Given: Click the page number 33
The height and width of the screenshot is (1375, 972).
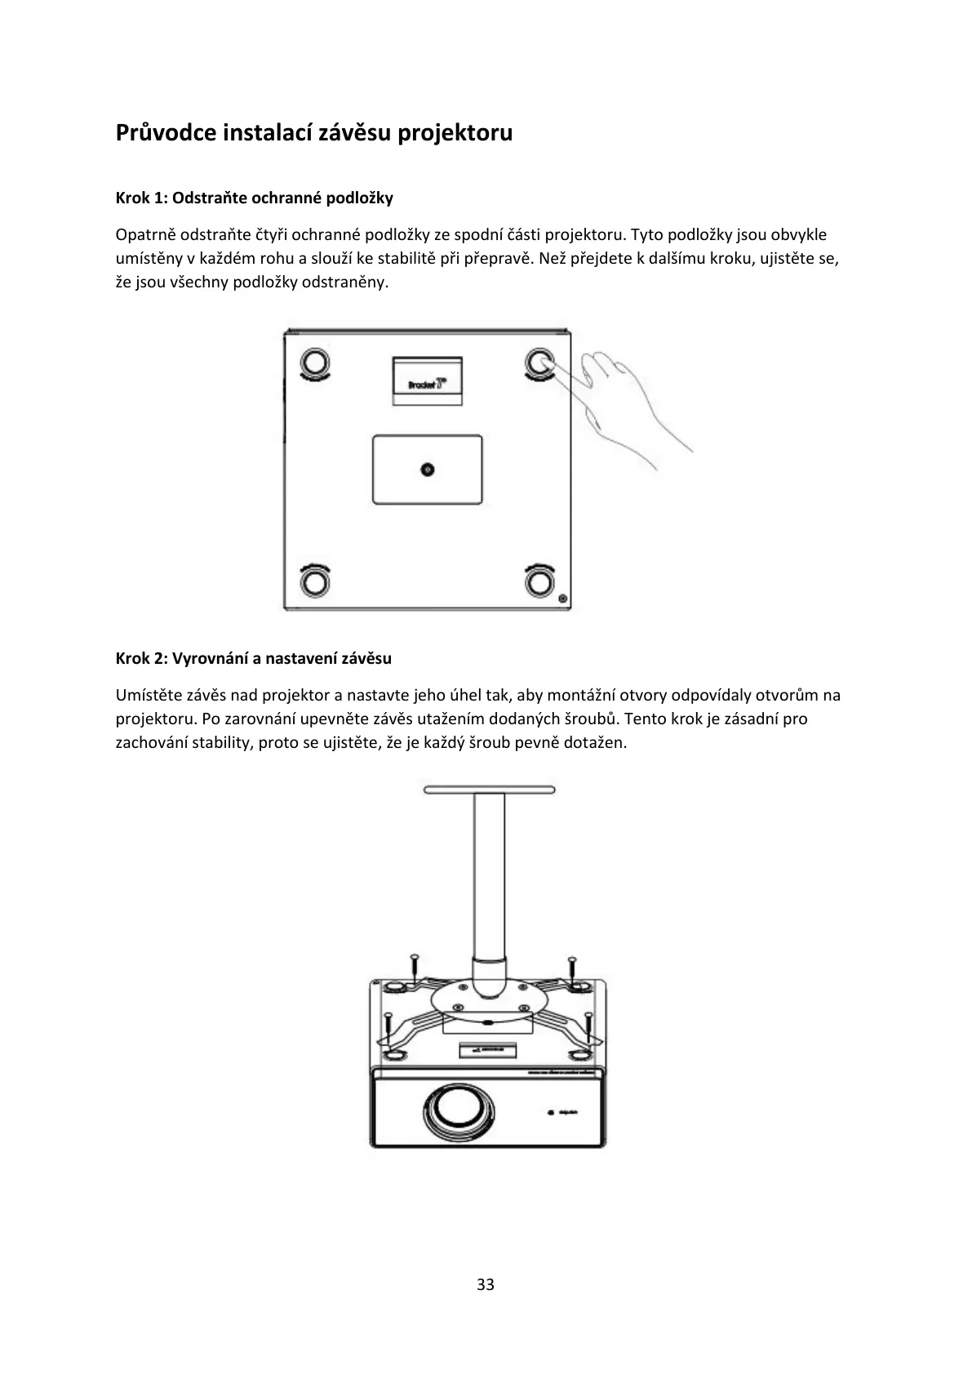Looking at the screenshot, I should click(486, 1284).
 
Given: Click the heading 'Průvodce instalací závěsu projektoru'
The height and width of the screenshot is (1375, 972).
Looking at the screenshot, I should click(314, 132).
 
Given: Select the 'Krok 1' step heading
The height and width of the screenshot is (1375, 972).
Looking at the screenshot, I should click(255, 198).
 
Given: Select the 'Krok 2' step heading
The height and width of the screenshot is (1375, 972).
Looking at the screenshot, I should click(254, 658).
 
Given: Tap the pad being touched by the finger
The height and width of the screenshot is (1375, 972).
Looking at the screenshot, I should click(538, 361).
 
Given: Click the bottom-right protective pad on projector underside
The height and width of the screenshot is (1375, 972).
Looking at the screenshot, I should click(538, 581).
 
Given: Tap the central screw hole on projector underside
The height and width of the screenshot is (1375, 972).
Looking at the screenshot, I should click(427, 469).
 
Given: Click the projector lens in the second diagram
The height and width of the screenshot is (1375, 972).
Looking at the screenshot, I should click(459, 1107).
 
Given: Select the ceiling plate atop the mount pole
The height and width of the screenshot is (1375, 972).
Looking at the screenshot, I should click(489, 790).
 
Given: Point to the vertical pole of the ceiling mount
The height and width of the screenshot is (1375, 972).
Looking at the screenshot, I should click(489, 882).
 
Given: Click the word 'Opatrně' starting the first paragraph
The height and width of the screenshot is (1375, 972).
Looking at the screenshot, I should click(145, 235).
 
